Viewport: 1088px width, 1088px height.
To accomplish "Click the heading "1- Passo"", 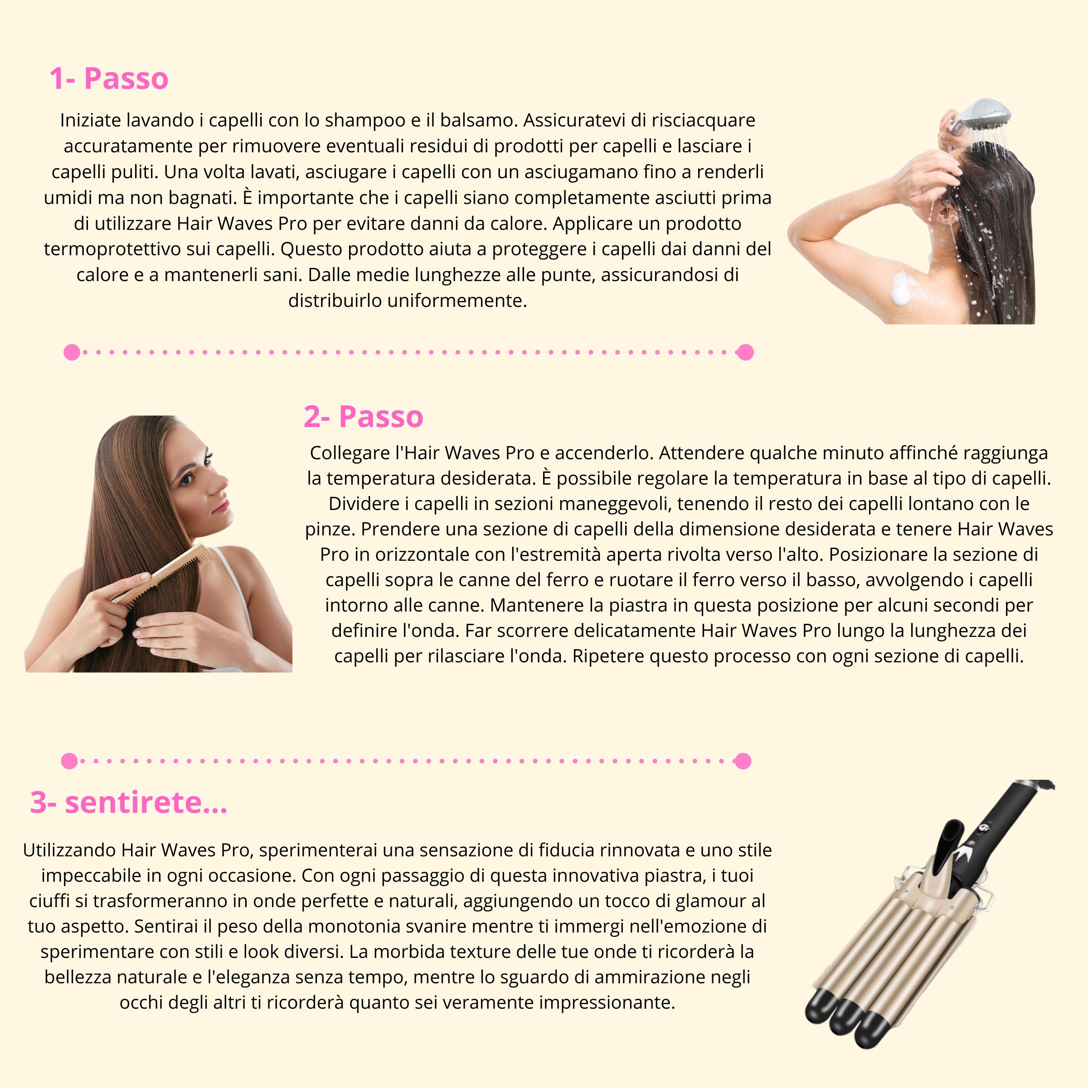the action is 109,79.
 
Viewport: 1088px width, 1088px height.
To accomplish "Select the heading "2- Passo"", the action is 363,417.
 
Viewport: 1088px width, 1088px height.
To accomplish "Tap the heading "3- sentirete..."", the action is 128,802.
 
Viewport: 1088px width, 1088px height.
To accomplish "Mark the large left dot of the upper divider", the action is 72,353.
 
